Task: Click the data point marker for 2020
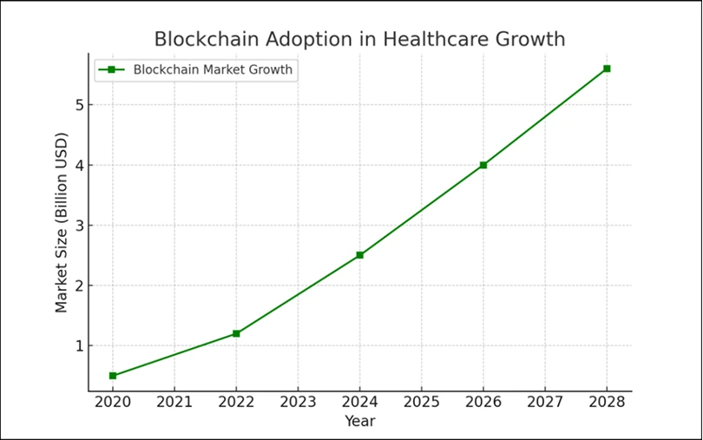point(113,376)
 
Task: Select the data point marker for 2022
point(236,333)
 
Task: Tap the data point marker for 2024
point(359,255)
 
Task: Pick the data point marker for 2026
point(483,165)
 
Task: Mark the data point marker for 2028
point(607,69)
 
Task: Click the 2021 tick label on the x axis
point(174,404)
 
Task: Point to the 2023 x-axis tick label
point(298,404)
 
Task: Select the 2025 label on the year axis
point(421,404)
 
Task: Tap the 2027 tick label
point(545,404)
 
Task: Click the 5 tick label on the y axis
point(77,105)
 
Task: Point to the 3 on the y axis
point(77,226)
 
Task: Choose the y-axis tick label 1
point(77,346)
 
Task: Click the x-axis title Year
point(359,422)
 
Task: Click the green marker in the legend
point(111,69)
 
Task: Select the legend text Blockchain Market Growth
point(213,69)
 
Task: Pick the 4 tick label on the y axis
point(77,165)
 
